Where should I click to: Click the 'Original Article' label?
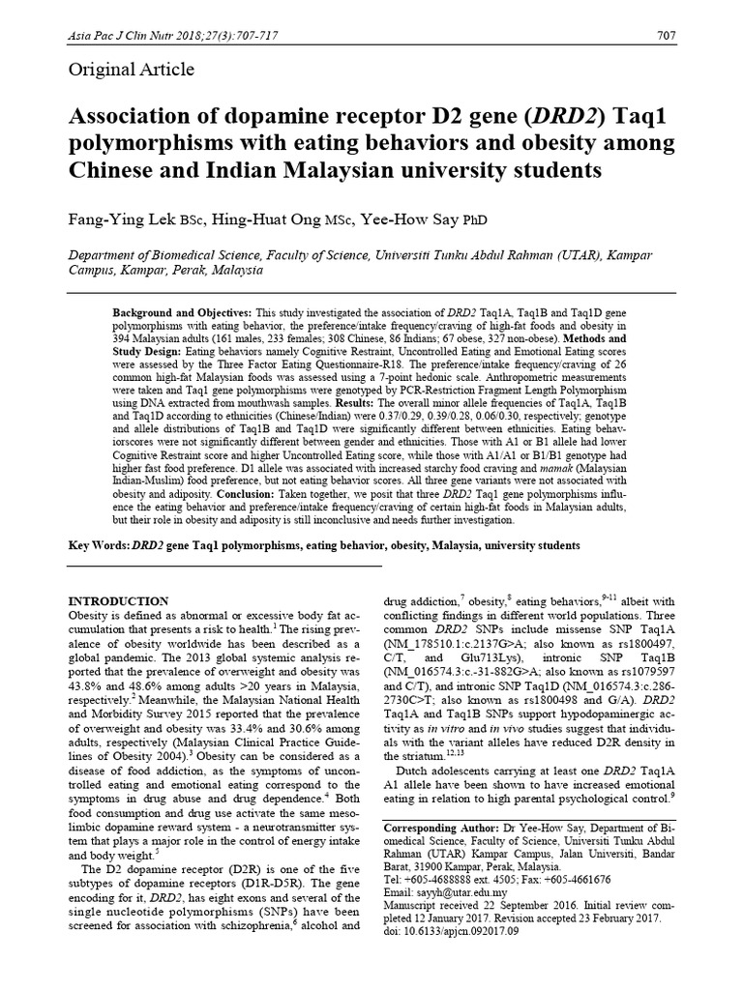pos(131,70)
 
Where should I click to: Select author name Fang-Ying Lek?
pos(121,219)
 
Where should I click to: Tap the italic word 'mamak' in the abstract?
pos(521,466)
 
